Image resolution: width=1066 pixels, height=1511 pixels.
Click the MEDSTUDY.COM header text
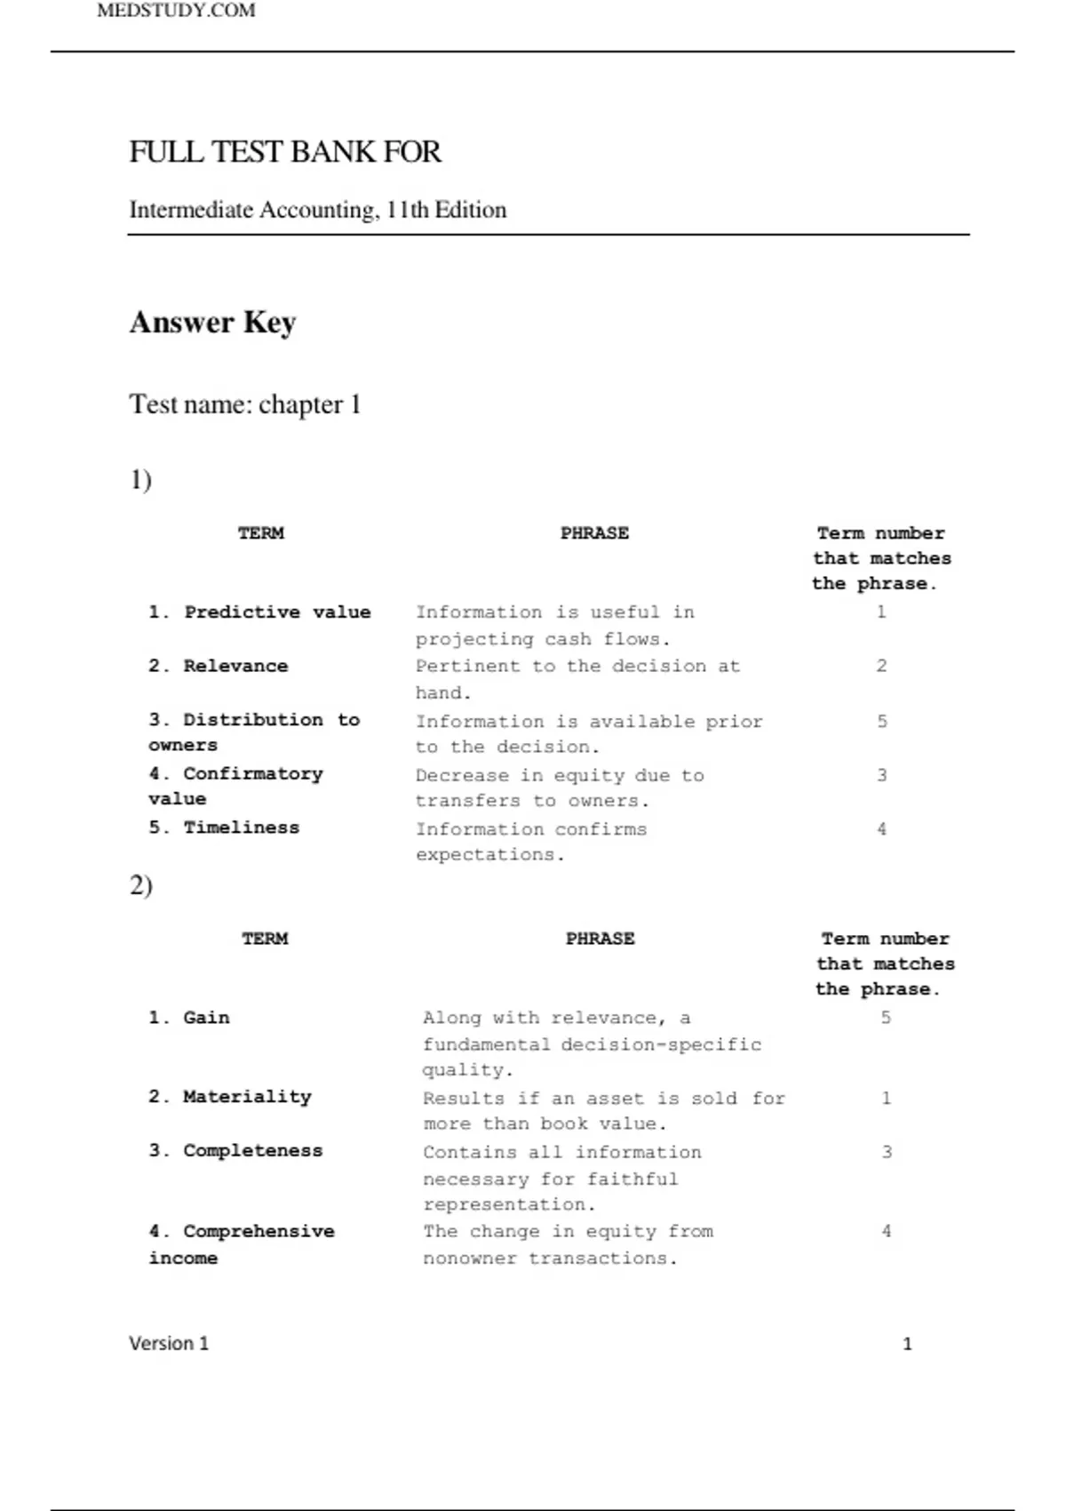click(x=176, y=11)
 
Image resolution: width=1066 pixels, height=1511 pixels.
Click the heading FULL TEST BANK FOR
click(x=284, y=152)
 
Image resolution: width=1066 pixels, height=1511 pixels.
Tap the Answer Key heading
click(x=212, y=322)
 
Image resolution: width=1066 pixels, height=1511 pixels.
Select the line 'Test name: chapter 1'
click(x=244, y=404)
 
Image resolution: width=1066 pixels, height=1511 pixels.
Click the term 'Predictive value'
click(x=259, y=612)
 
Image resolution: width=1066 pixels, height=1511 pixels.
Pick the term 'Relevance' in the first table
click(x=219, y=666)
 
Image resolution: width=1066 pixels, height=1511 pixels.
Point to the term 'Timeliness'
click(x=224, y=827)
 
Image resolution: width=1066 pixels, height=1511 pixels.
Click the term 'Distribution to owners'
click(x=253, y=732)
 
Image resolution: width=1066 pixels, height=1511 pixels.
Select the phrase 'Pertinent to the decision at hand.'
click(x=577, y=679)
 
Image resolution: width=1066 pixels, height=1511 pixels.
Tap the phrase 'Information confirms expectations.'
click(x=531, y=842)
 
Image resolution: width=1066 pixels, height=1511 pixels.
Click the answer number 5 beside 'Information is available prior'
click(x=881, y=721)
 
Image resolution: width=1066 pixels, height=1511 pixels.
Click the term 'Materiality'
click(x=230, y=1097)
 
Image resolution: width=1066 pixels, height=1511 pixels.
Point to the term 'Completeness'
click(x=235, y=1150)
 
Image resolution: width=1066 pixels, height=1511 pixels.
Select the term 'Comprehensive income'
click(x=242, y=1244)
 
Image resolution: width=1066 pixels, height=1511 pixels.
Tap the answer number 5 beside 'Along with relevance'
click(x=886, y=1018)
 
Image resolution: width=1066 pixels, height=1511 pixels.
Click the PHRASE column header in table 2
click(x=601, y=939)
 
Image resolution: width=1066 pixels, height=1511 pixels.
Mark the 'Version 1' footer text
click(x=169, y=1343)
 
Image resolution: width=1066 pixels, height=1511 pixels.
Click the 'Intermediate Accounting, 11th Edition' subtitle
click(x=318, y=210)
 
